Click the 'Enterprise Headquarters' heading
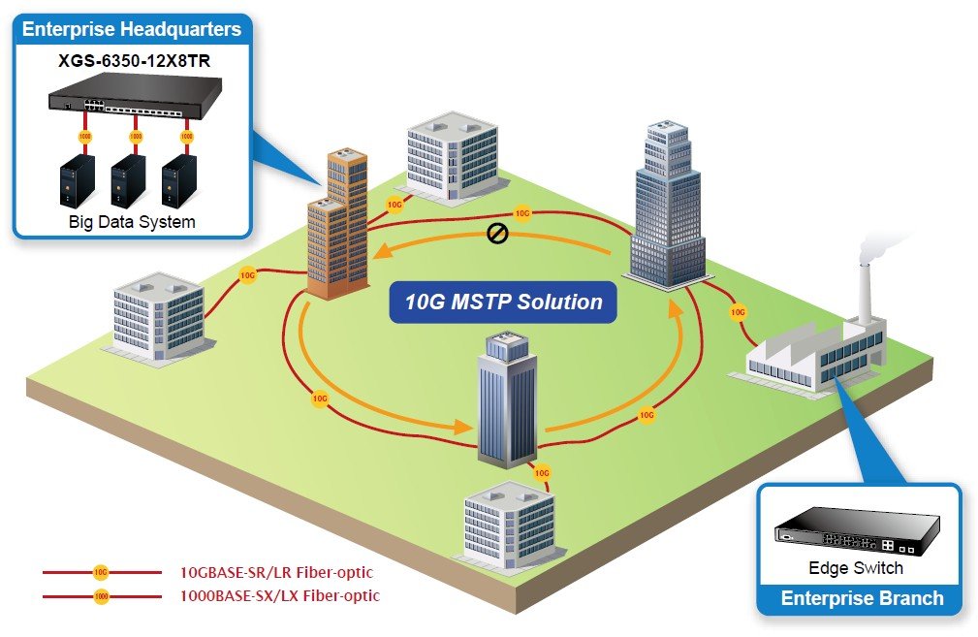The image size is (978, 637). pos(132,29)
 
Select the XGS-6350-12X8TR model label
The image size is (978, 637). pos(134,61)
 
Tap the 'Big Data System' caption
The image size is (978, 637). pos(132,222)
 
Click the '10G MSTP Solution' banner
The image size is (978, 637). pos(503,302)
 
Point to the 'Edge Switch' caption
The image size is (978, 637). pos(856,568)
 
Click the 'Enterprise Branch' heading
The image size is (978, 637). pos(862,598)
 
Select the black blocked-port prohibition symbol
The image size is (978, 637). pos(497,234)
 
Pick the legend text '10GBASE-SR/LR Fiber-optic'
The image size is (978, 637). pos(276,572)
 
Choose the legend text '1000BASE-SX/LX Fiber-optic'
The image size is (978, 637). pos(279,596)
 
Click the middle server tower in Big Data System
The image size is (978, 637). pos(129,180)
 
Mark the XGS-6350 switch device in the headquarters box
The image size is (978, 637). pos(136,95)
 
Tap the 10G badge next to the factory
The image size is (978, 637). pos(738,312)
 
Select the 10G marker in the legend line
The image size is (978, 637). pos(101,572)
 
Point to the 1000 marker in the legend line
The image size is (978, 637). pos(101,596)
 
